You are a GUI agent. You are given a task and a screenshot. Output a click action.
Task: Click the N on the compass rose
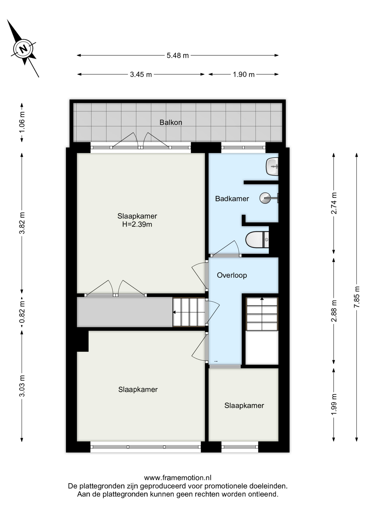[x=23, y=49]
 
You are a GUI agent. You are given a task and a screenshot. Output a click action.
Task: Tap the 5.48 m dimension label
[x=178, y=55]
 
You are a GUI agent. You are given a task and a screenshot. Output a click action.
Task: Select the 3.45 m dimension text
[x=141, y=74]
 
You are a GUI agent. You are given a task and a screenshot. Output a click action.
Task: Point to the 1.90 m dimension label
[x=244, y=74]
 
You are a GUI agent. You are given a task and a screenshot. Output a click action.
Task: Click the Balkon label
[x=171, y=123]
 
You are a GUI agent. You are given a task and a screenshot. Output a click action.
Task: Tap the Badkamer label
[x=232, y=199]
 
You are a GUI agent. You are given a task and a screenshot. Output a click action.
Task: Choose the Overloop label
[x=232, y=275]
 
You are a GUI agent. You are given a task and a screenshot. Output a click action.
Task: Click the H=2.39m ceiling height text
[x=137, y=224]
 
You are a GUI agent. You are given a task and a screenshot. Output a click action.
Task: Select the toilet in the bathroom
[x=257, y=239]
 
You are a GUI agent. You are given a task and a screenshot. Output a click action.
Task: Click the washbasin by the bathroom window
[x=272, y=166]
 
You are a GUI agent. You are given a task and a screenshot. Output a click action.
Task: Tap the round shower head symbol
[x=265, y=198]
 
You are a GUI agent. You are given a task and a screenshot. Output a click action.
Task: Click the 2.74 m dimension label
[x=334, y=203]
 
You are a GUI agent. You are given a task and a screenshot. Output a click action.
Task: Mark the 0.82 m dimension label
[x=22, y=312]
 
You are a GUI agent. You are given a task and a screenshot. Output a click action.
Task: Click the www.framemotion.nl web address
[x=178, y=478]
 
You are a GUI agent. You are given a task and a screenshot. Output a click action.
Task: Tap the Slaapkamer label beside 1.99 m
[x=244, y=406]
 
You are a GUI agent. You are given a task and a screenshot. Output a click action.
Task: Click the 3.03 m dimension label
[x=22, y=386]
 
